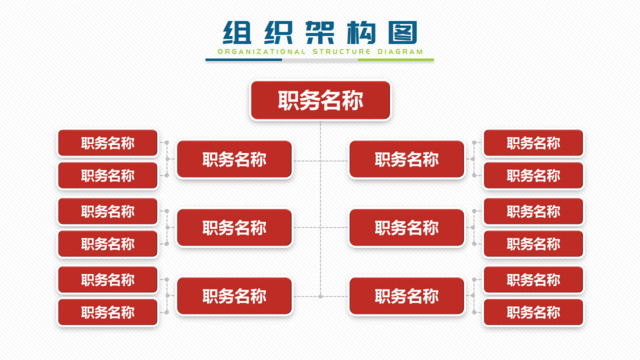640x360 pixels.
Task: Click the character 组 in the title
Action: (x=237, y=32)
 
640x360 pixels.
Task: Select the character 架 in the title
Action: (x=319, y=32)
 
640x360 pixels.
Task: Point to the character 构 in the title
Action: (x=360, y=32)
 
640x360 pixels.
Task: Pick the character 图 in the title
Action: (x=401, y=32)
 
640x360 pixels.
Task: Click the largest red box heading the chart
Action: (x=320, y=99)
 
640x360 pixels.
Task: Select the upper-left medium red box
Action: (x=234, y=159)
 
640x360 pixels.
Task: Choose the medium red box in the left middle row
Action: (x=234, y=228)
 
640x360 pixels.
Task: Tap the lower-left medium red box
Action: (x=234, y=296)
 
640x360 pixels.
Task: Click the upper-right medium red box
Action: (x=406, y=159)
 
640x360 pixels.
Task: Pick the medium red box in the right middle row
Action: (x=406, y=228)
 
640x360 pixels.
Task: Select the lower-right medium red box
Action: (x=406, y=296)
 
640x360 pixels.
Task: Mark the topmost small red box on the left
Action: (x=108, y=143)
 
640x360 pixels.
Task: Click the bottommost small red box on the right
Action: (x=533, y=313)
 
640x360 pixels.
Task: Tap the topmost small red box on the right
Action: (x=533, y=143)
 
